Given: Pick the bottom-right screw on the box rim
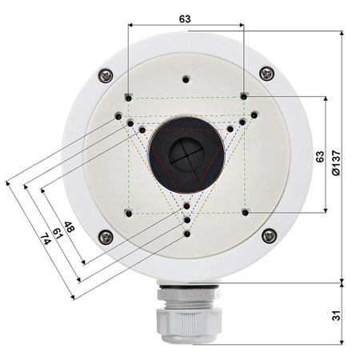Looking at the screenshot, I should pos(269,235).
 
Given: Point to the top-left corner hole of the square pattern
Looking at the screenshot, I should pos(129,98).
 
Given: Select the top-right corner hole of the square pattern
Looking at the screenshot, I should pos(244,97).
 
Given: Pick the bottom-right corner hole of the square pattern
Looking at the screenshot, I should pos(245,212).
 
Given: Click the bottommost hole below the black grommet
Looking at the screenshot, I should pos(186,234).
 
